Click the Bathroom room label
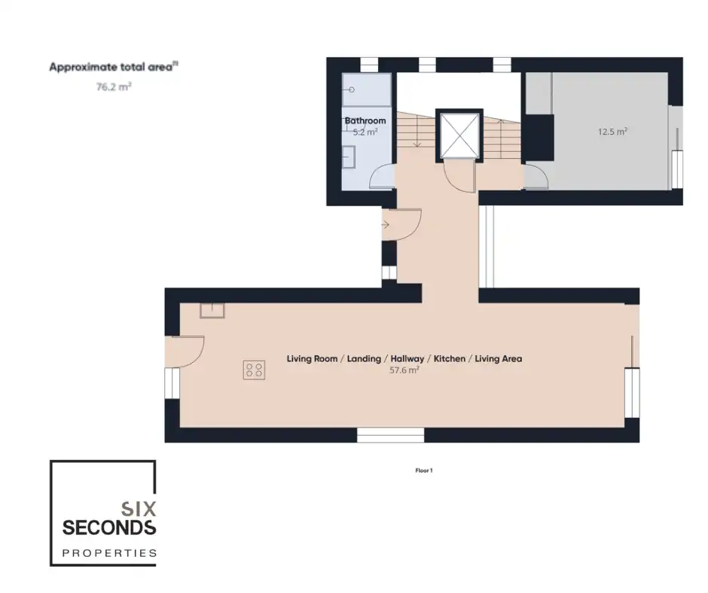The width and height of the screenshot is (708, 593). point(365,120)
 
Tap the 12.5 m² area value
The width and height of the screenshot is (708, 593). point(613,132)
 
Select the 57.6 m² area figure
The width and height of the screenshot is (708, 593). point(404,370)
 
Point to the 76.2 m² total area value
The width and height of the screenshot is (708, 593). point(114,87)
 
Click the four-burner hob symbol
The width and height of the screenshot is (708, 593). point(254,370)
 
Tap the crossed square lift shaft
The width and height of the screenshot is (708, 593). point(459,135)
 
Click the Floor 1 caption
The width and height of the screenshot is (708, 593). point(424,470)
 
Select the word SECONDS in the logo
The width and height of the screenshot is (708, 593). point(109,527)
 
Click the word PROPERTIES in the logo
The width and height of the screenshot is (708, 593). point(109,553)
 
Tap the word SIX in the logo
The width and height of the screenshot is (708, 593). point(139,509)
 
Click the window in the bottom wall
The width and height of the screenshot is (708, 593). point(391,435)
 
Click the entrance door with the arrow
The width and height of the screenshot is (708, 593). point(401,224)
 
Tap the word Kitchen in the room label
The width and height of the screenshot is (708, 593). point(449,359)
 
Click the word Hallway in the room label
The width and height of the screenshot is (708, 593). point(407,359)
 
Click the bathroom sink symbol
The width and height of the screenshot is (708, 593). point(349,157)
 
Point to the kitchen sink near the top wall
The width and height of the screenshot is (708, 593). point(212,311)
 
